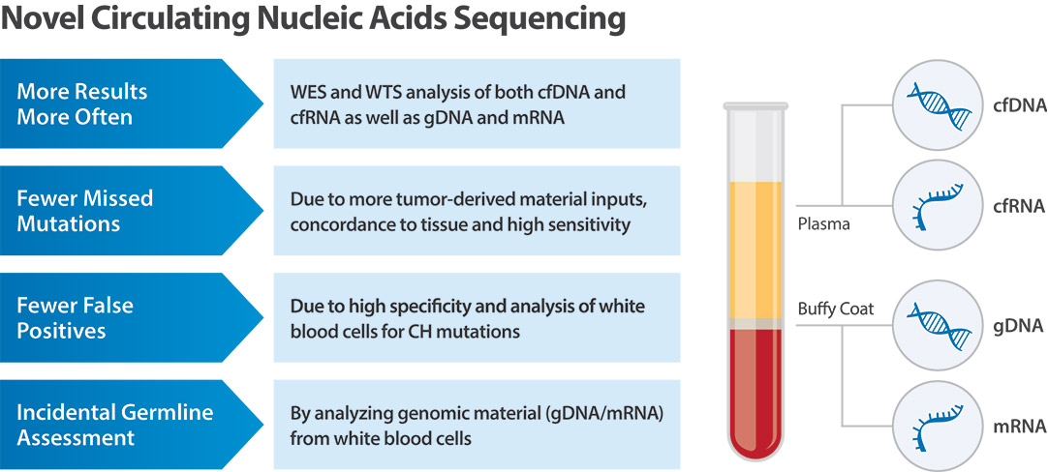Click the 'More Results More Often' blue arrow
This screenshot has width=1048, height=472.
(126, 103)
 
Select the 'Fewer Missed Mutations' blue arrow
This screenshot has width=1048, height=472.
(126, 211)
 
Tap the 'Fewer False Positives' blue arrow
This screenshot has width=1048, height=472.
(126, 318)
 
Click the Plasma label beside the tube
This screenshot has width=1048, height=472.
(823, 224)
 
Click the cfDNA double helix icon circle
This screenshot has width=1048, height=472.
(936, 103)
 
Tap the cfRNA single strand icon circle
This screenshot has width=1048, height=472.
(936, 205)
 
